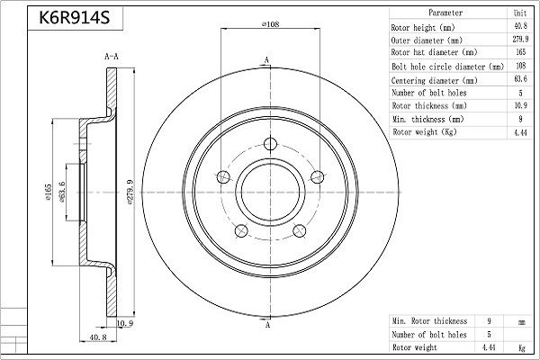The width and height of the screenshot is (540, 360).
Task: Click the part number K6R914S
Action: (x=75, y=17)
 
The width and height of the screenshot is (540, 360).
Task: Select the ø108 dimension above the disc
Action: (x=270, y=24)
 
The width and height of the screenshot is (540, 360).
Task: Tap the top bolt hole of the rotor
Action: (x=270, y=144)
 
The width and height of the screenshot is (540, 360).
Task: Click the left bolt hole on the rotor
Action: (x=223, y=177)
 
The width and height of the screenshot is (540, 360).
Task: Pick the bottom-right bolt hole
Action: (x=300, y=230)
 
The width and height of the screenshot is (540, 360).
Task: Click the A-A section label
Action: (x=112, y=56)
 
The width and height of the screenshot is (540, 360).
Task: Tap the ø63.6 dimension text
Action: (x=62, y=192)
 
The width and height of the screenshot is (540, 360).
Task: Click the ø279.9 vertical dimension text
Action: (x=130, y=192)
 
